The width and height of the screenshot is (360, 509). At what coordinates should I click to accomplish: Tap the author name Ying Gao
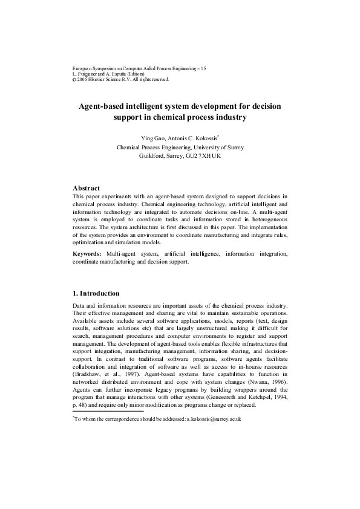(152, 138)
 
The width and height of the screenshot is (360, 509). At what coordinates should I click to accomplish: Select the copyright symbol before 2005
(74, 79)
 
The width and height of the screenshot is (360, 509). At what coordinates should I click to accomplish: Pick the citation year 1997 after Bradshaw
(134, 366)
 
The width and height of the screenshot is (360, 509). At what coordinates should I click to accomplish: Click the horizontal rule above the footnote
(108, 411)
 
